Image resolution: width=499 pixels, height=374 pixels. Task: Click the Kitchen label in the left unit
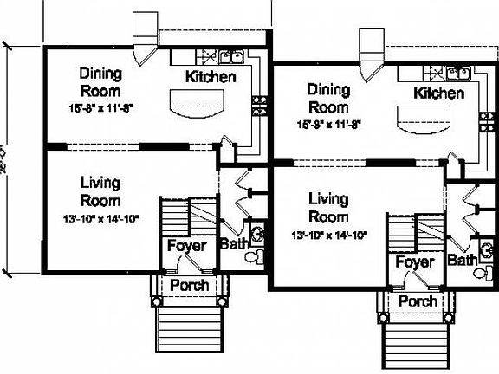pyautogui.click(x=211, y=77)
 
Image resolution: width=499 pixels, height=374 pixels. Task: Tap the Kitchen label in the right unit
pyautogui.click(x=438, y=93)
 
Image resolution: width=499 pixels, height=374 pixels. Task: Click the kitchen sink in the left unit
pyautogui.click(x=230, y=58)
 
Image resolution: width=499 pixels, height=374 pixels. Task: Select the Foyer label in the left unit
pyautogui.click(x=186, y=246)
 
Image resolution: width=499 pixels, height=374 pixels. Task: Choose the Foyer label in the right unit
pyautogui.click(x=414, y=261)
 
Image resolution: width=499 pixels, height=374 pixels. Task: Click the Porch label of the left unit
pyautogui.click(x=188, y=285)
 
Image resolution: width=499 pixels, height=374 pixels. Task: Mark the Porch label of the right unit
pyautogui.click(x=416, y=301)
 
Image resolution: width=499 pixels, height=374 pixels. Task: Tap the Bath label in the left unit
pyautogui.click(x=233, y=244)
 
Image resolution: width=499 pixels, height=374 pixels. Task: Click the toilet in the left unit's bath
pyautogui.click(x=252, y=257)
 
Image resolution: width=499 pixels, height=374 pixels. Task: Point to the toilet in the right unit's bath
pyautogui.click(x=481, y=273)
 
